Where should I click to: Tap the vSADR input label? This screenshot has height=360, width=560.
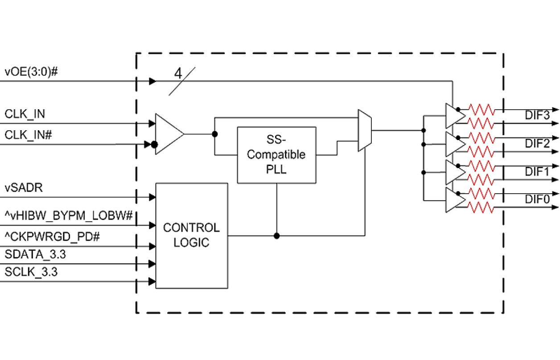click(24, 187)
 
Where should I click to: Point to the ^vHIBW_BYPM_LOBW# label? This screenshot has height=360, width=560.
click(69, 216)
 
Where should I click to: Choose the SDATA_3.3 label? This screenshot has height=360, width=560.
click(35, 254)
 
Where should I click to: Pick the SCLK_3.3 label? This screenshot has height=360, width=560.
click(31, 272)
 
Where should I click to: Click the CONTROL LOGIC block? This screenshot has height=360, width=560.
click(191, 235)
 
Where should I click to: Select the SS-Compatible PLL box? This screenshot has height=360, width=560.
click(276, 155)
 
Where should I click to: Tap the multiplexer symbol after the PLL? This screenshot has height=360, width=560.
click(365, 130)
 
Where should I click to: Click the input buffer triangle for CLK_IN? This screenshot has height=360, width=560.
click(168, 134)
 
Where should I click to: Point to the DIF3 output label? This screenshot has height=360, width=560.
click(537, 116)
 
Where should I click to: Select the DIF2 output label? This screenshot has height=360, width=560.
click(537, 144)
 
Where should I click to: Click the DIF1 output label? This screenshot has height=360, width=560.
click(537, 172)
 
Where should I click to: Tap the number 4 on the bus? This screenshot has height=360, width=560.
click(178, 74)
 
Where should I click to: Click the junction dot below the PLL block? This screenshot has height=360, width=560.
click(276, 236)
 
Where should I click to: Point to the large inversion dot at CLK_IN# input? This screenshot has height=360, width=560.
click(154, 145)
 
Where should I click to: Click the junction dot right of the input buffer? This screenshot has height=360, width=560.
click(214, 134)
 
